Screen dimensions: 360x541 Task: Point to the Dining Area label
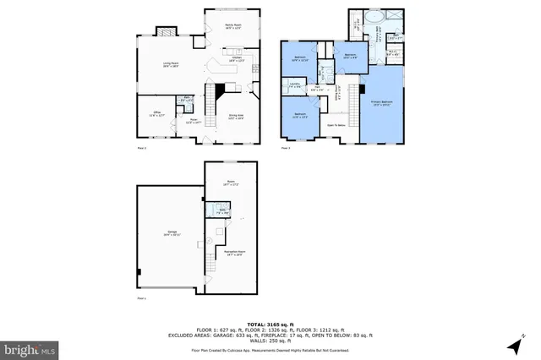[x=236, y=116]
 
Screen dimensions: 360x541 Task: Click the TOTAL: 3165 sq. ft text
[x=270, y=324]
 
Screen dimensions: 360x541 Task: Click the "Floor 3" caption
[x=285, y=149]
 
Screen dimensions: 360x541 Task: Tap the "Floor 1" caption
[x=141, y=298]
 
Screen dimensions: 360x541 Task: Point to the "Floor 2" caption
[x=142, y=149]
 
